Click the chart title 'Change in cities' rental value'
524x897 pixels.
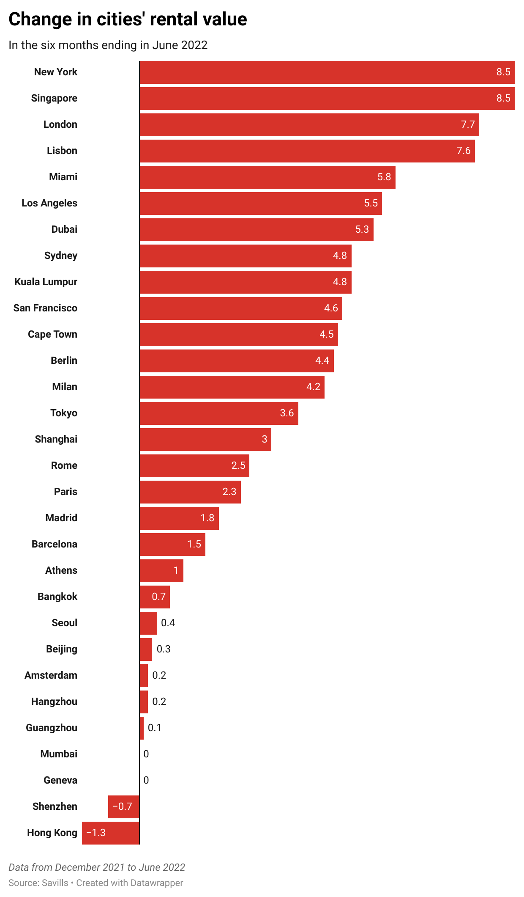click(128, 19)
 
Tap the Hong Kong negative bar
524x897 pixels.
click(111, 833)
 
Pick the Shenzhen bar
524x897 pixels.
click(124, 806)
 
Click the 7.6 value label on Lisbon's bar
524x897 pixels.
click(463, 151)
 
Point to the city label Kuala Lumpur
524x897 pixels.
click(46, 282)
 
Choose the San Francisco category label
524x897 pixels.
click(45, 308)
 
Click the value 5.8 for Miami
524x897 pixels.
click(384, 177)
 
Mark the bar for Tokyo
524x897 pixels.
click(218, 413)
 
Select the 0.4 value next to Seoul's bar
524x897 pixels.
click(168, 623)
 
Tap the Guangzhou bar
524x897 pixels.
click(142, 728)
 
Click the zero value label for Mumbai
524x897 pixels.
click(146, 754)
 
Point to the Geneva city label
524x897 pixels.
click(60, 780)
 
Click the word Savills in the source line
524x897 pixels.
click(55, 883)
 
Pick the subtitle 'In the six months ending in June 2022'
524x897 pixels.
click(108, 45)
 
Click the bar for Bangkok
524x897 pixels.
click(154, 597)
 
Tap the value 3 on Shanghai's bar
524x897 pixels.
click(265, 439)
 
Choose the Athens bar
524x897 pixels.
click(161, 570)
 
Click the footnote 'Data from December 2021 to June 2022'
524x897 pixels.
click(97, 867)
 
